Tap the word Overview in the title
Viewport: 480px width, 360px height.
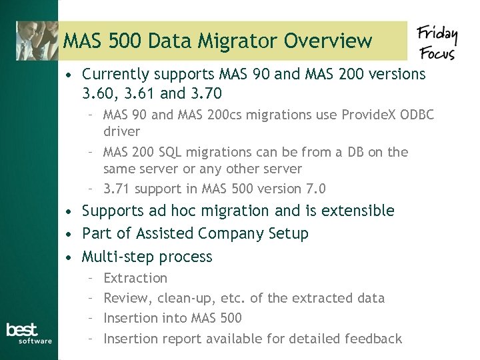(x=328, y=41)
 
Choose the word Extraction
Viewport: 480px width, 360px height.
(x=136, y=278)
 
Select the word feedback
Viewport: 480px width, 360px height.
(x=373, y=339)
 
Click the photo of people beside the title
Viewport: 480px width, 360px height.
(x=37, y=41)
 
